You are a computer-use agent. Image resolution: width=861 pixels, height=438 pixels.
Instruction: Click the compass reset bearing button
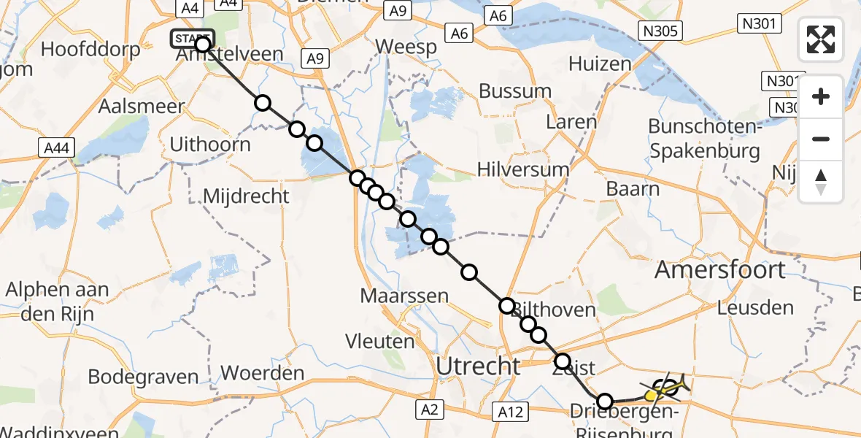click(x=821, y=181)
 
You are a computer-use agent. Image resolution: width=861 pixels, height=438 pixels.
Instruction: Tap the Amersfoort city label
click(x=720, y=269)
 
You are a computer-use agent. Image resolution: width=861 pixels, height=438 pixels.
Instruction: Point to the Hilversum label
click(x=522, y=169)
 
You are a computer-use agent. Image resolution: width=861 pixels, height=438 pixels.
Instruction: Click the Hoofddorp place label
click(x=85, y=50)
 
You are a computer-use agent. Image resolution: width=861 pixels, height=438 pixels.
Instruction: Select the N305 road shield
click(x=660, y=31)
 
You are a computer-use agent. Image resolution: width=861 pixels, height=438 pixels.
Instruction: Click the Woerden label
click(x=262, y=374)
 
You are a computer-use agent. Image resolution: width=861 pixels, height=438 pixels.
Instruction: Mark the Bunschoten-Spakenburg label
click(x=704, y=139)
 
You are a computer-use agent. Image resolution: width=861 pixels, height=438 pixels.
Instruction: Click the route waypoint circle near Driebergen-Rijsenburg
click(x=605, y=401)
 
